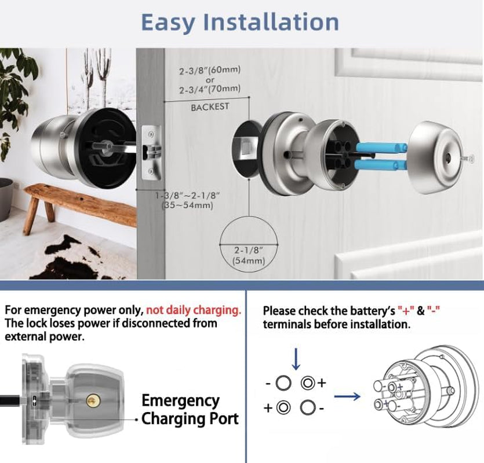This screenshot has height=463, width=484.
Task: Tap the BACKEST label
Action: pos(210,107)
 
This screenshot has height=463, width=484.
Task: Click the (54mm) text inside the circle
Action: pos(248,261)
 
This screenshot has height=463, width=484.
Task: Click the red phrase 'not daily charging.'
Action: pos(194,310)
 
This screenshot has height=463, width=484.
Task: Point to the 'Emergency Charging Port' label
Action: pos(189,409)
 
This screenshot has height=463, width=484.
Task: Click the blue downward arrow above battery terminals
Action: pos(296,359)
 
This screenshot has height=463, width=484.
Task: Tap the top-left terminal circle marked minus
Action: pos(283,383)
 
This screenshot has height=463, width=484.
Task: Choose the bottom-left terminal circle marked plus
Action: pos(283,407)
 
